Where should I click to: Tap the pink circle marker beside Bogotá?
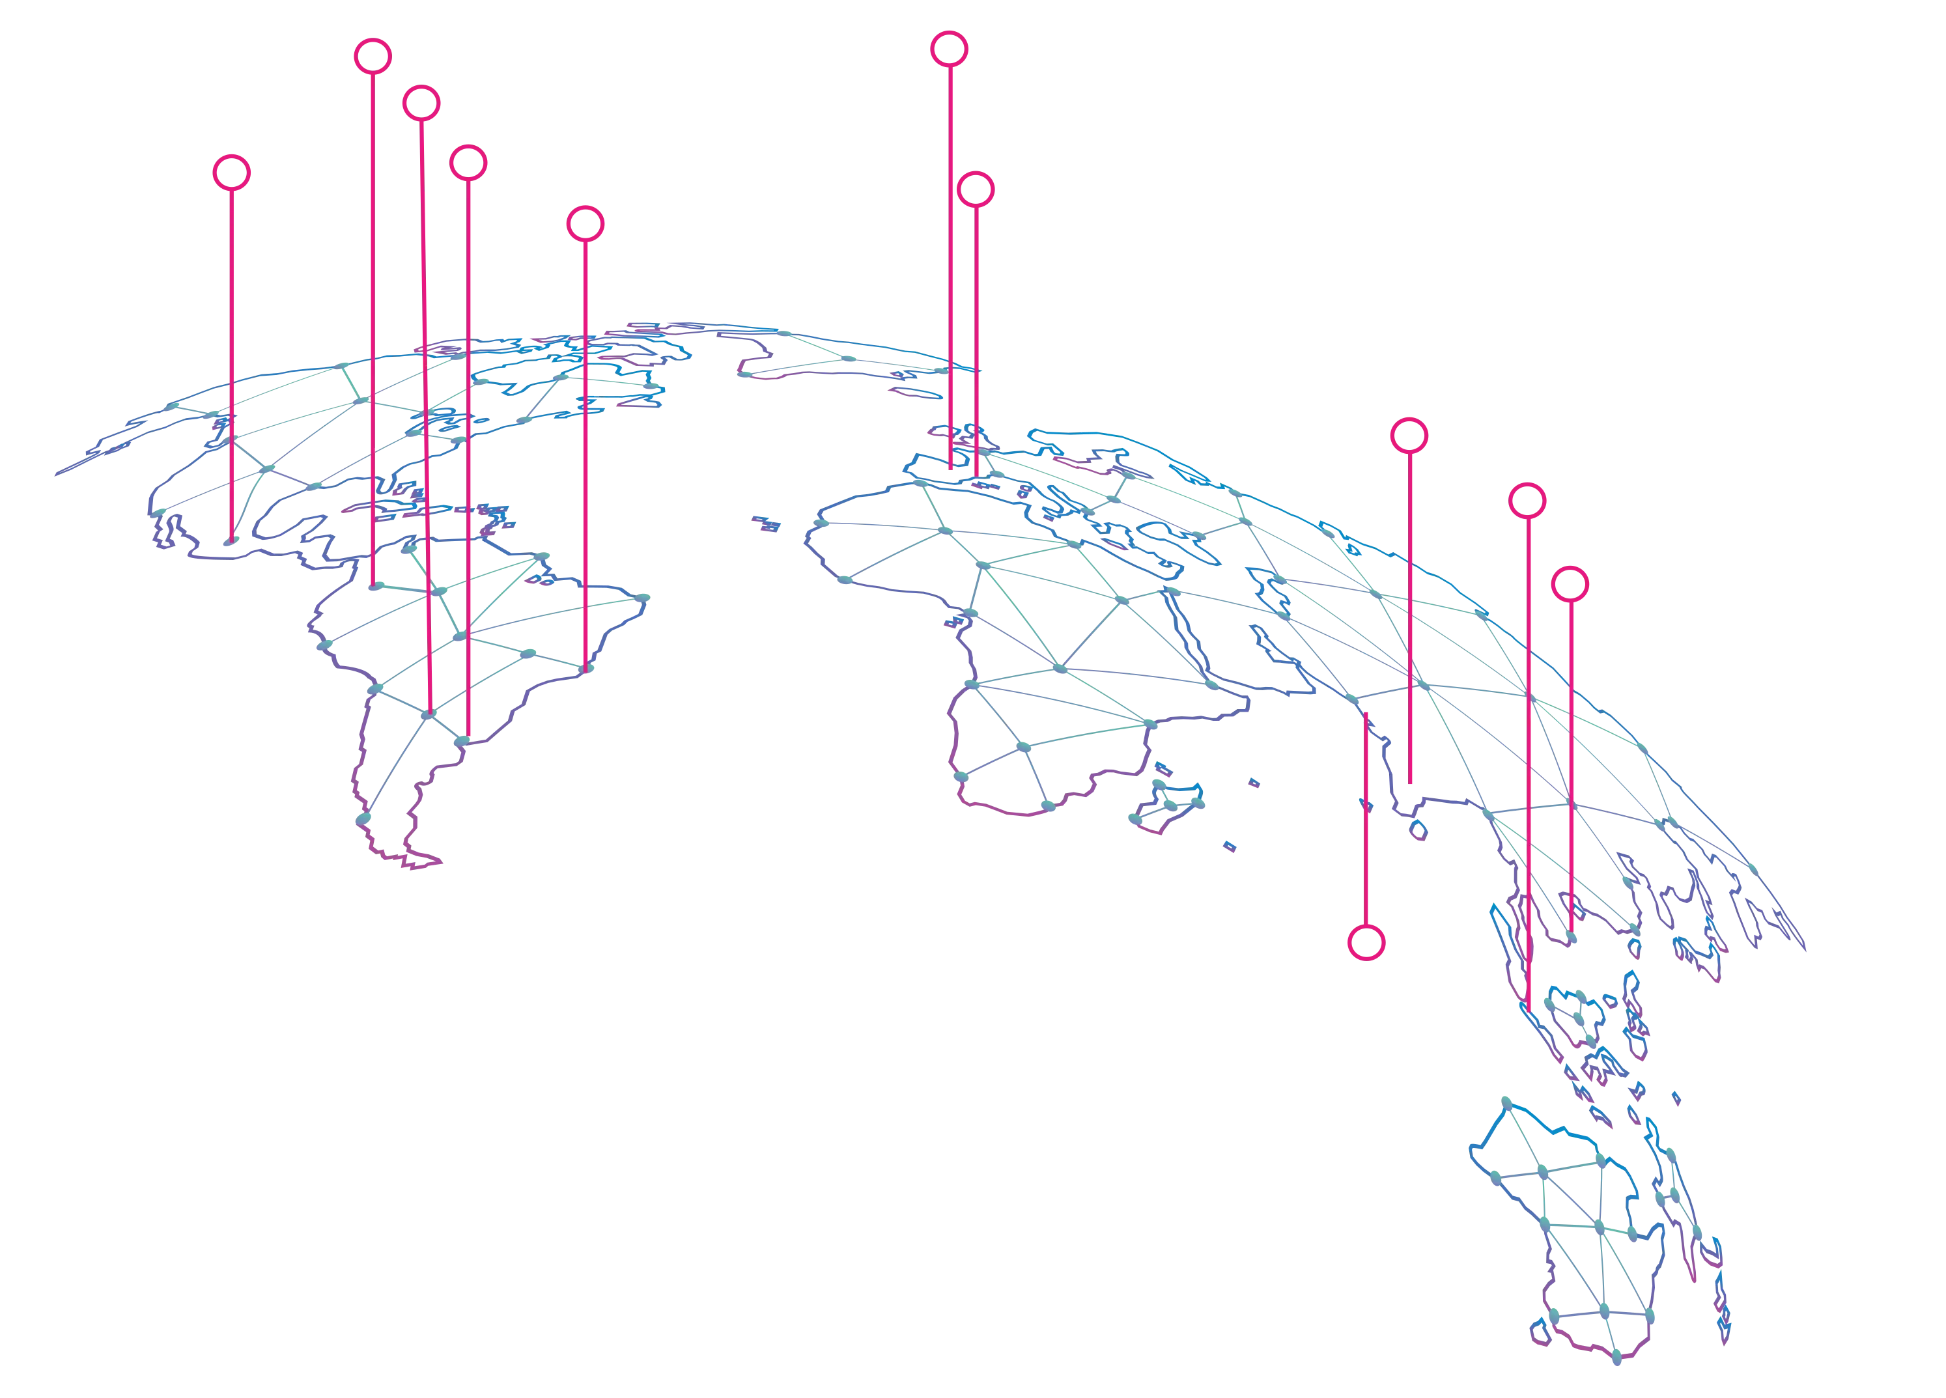tap(373, 56)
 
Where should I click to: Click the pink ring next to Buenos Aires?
tap(421, 103)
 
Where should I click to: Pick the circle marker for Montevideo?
tap(468, 162)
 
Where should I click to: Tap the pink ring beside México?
tap(232, 173)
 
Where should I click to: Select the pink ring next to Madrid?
tap(949, 49)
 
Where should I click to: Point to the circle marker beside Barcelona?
tap(976, 189)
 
